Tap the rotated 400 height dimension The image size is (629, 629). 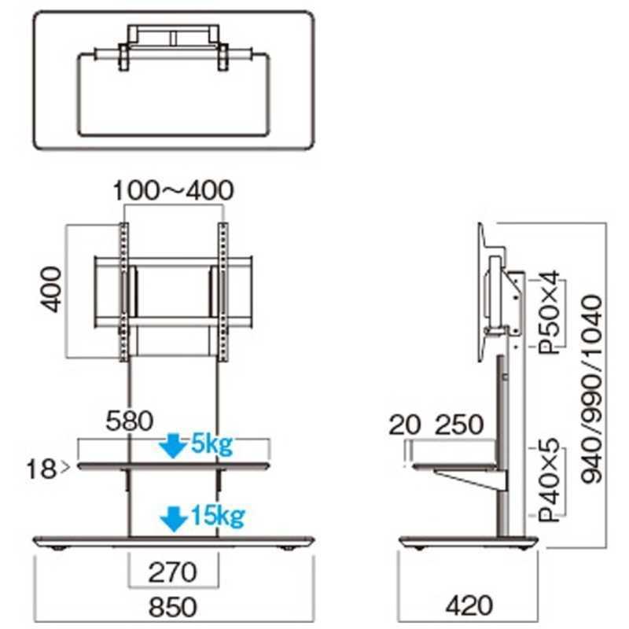pos(51,289)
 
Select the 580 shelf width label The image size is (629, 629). pos(130,421)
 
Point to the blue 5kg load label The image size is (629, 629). pos(212,444)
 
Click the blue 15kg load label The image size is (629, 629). pos(218,516)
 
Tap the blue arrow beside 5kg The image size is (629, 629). pos(173,446)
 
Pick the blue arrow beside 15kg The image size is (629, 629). pos(174,519)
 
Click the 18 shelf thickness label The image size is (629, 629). pos(41,469)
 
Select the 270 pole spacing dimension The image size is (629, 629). pos(173,572)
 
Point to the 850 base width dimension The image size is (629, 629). pos(173,606)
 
